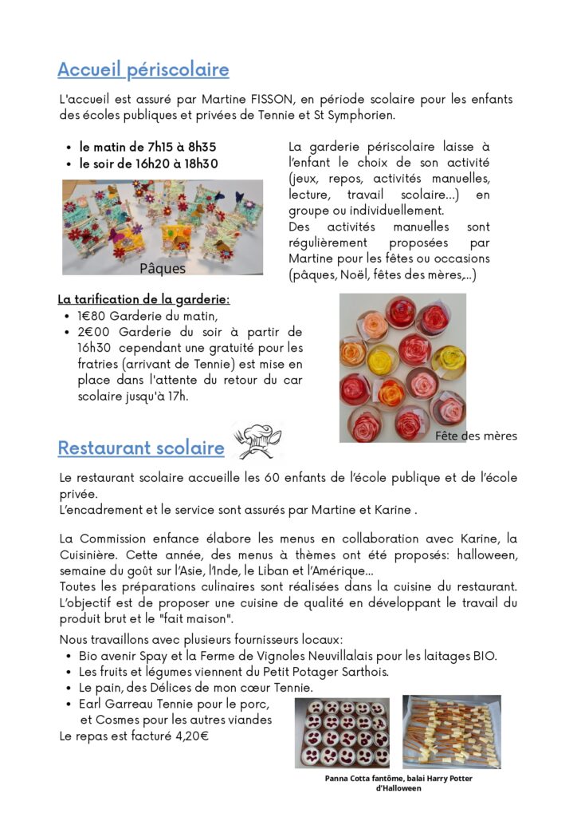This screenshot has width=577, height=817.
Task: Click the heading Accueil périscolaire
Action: [x=143, y=70]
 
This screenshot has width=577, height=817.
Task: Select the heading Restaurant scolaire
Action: [x=140, y=448]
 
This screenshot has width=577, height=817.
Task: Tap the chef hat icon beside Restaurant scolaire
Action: [x=257, y=441]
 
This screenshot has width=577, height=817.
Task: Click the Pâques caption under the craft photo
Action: [x=163, y=269]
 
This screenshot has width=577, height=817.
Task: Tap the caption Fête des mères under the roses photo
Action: [x=476, y=436]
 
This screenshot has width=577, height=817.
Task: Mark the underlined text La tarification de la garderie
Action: [x=143, y=300]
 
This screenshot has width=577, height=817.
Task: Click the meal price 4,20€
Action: [x=191, y=736]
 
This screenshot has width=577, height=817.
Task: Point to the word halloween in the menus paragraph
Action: [x=487, y=555]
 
